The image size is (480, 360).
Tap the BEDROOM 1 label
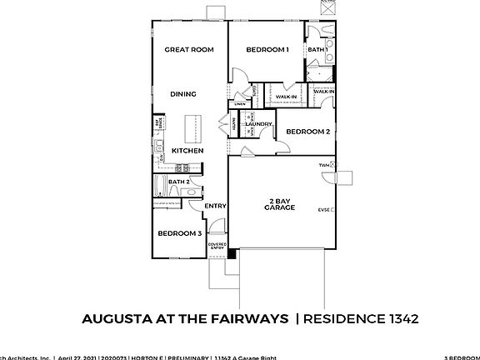pos(267,50)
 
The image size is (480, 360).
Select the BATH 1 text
pos(317,50)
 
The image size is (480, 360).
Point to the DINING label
pos(183,94)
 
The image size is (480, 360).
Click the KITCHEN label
pos(187,151)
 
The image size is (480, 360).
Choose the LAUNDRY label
pos(259,124)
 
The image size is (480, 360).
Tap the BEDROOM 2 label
pos(308,132)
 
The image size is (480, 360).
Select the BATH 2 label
pos(178,181)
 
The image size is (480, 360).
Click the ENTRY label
pos(215,206)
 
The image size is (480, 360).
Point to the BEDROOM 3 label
pos(180,233)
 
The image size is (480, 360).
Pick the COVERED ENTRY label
pos(216,246)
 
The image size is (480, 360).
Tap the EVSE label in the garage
pos(323,210)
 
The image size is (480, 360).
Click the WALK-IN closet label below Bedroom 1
pos(286,97)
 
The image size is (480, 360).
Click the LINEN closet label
pos(252,104)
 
